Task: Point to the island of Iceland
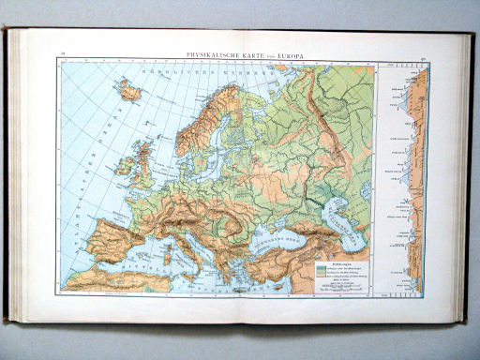129,91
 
